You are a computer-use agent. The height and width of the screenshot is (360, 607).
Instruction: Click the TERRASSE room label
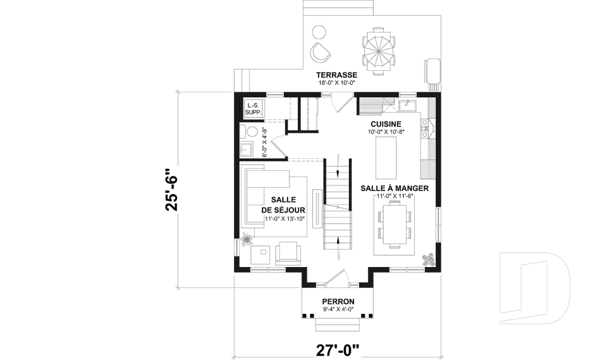pos(338,75)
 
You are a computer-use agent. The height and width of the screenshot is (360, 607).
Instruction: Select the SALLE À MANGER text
pos(395,189)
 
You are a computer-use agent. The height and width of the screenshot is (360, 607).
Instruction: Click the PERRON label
pos(338,301)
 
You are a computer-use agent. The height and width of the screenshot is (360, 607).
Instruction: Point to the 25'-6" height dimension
pos(169,189)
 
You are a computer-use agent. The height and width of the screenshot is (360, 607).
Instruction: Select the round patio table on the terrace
pos(380,51)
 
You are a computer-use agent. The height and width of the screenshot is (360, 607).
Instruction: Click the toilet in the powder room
pos(252,132)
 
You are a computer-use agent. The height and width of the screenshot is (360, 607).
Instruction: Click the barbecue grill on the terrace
pos(432,71)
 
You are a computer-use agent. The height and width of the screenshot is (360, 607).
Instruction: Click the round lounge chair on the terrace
pos(321,51)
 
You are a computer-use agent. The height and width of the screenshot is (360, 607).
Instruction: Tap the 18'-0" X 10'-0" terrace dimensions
pos(338,82)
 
